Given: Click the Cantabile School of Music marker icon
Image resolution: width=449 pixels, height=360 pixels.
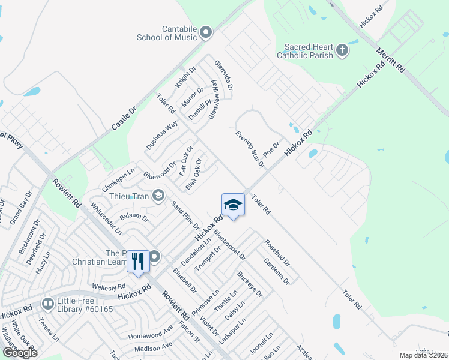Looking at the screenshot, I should coord(206,32).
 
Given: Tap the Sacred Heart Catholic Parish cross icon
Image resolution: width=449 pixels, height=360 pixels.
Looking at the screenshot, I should coord(342,50).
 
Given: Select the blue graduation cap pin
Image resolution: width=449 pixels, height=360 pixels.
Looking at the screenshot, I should coord(233,206).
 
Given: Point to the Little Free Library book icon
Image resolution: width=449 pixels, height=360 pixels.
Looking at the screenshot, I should coord(47,304).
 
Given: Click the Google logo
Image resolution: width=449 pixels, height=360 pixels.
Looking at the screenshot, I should coord(20,353).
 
